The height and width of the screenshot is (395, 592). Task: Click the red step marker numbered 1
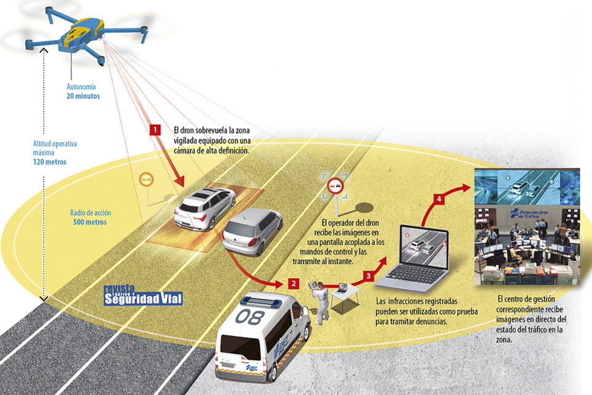coord(155,130)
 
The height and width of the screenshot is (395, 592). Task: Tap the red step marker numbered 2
coord(294,284)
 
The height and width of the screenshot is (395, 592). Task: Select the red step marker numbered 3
coord(369,276)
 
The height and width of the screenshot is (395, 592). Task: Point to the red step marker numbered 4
coord(438,199)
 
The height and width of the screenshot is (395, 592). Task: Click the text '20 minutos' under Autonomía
coord(83,97)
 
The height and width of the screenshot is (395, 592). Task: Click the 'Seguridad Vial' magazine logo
coord(143,299)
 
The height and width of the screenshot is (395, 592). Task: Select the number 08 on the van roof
coord(255,317)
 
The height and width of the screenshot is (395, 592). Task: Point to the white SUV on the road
coord(204,207)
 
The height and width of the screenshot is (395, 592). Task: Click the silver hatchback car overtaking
coord(252,230)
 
